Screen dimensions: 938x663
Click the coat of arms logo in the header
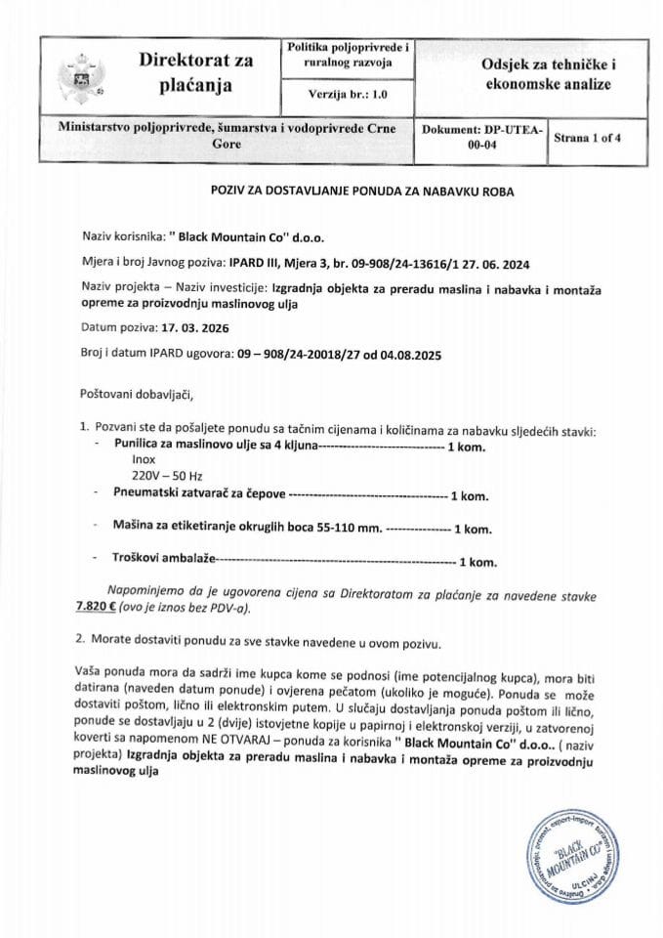[x=73, y=75]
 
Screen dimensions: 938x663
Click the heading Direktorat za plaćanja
[x=195, y=73]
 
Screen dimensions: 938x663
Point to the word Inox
[x=129, y=461]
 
